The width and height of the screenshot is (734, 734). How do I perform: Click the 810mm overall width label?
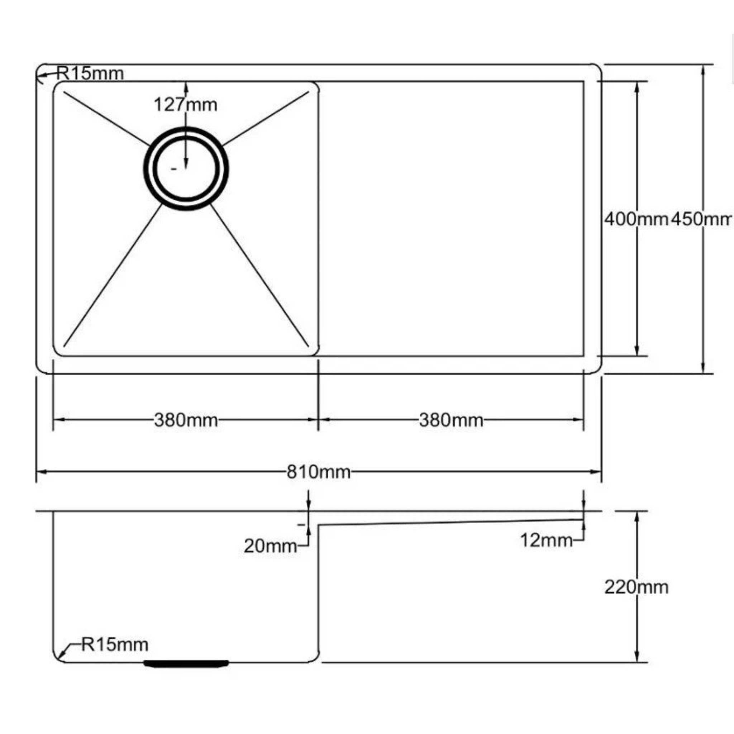[x=318, y=472]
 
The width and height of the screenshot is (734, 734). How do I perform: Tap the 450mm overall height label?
[x=701, y=219]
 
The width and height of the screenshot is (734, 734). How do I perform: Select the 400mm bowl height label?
[x=636, y=219]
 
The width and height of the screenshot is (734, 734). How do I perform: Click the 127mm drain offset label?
[x=185, y=105]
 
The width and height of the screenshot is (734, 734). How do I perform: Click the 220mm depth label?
[x=636, y=587]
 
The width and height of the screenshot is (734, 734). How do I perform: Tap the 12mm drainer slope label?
[x=546, y=540]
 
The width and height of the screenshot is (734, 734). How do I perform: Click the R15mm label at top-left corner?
[x=90, y=73]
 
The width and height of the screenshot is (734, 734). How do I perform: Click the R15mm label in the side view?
[x=115, y=645]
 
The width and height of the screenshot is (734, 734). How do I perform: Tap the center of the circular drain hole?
[x=186, y=168]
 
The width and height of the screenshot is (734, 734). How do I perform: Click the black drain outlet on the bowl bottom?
[x=186, y=663]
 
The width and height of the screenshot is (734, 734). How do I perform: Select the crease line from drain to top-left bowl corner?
[x=106, y=119]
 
